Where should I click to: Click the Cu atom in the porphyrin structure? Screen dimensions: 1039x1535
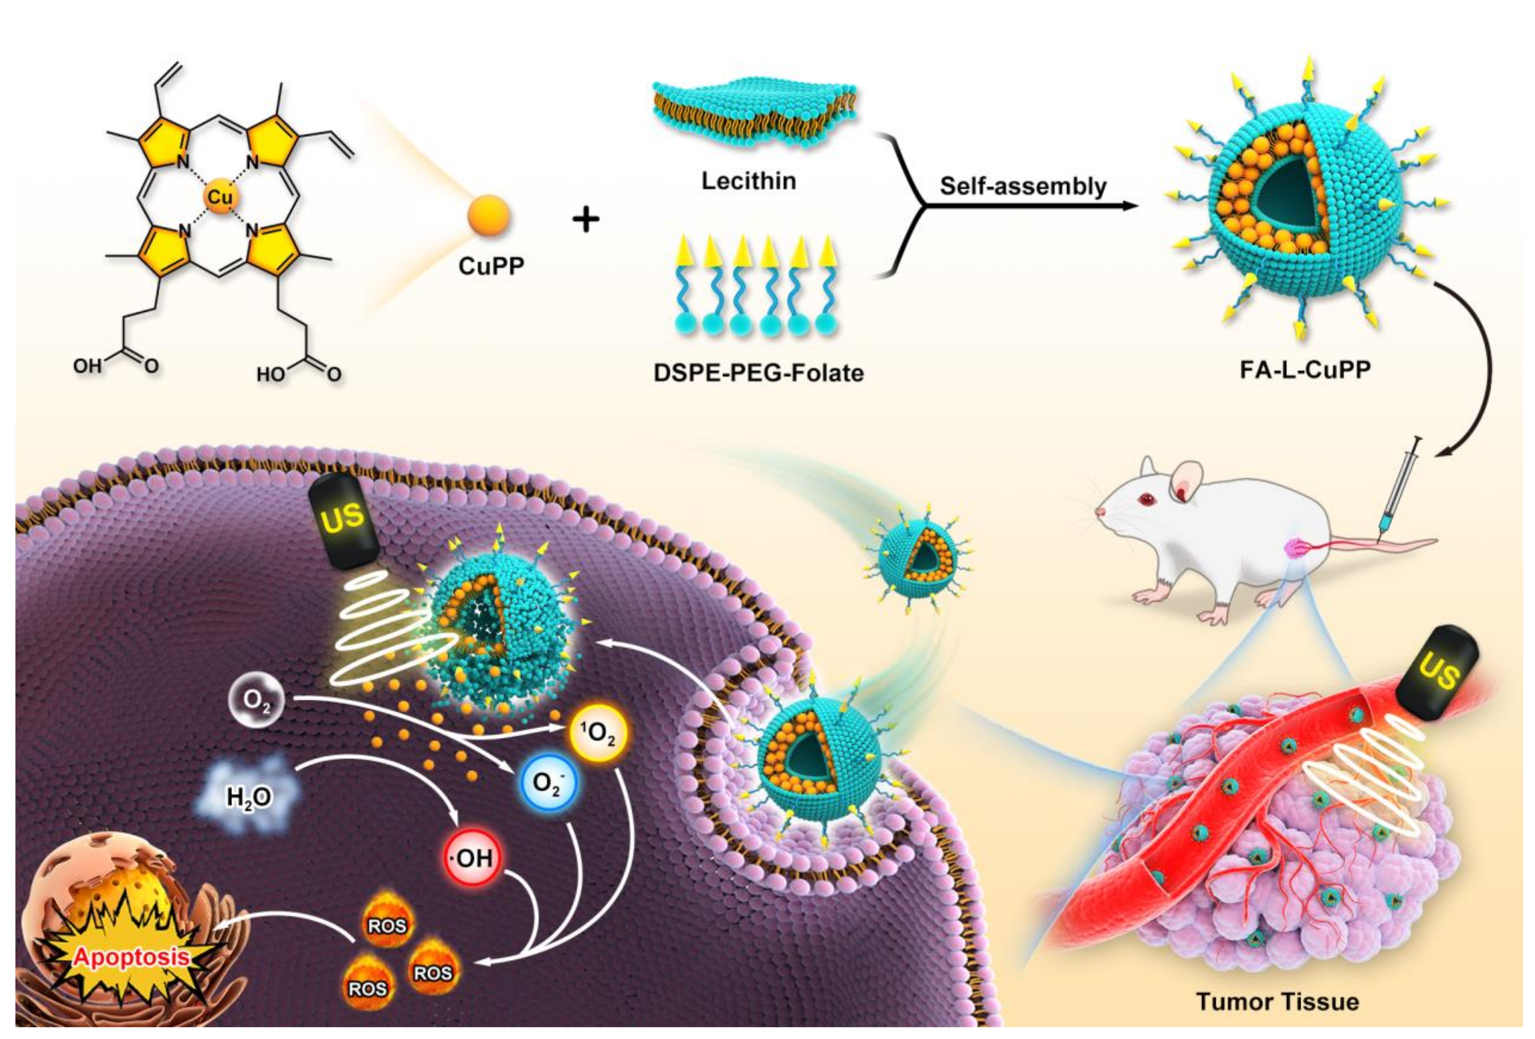click(x=219, y=197)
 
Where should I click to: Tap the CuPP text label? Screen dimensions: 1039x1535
click(x=491, y=266)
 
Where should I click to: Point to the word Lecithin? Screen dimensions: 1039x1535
click(x=748, y=181)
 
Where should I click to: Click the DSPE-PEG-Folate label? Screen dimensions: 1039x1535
click(x=758, y=373)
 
